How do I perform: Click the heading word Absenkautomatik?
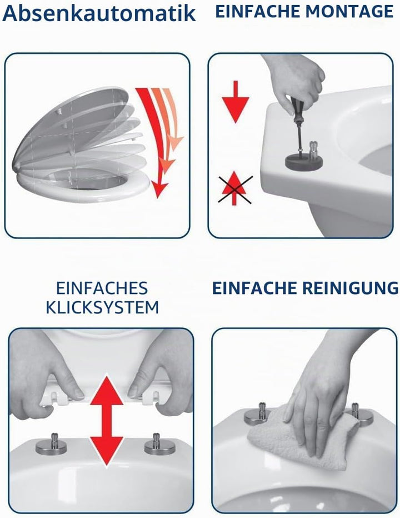tap(99, 13)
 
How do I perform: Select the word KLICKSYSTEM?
tap(102, 307)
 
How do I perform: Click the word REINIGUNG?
tap(351, 288)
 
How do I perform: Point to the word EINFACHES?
tap(102, 288)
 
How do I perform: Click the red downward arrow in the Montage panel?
tap(235, 102)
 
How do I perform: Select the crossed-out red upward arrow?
tap(234, 188)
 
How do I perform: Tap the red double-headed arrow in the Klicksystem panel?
tap(107, 421)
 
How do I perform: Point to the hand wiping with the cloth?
tap(317, 403)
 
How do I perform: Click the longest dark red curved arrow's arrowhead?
tap(159, 189)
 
